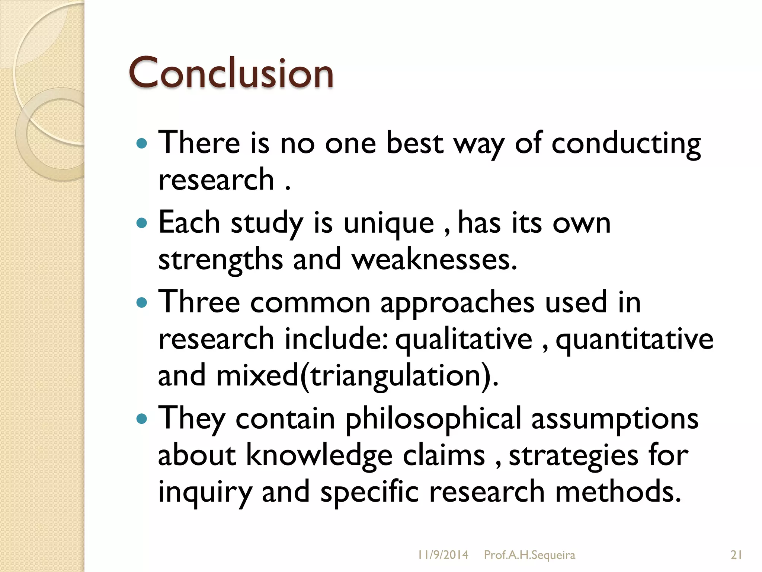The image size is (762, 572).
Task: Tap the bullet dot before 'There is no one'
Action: [x=142, y=143]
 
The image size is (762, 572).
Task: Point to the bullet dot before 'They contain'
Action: [x=142, y=419]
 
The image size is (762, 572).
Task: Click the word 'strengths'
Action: [x=220, y=260]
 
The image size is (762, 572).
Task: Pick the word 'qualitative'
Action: [x=464, y=340]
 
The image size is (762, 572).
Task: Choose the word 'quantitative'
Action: [x=634, y=340]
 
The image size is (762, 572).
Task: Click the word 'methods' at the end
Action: [x=618, y=492]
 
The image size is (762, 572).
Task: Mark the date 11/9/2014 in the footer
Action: [x=443, y=555]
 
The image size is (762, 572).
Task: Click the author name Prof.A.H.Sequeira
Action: [x=529, y=555]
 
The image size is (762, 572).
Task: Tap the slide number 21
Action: [x=736, y=555]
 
